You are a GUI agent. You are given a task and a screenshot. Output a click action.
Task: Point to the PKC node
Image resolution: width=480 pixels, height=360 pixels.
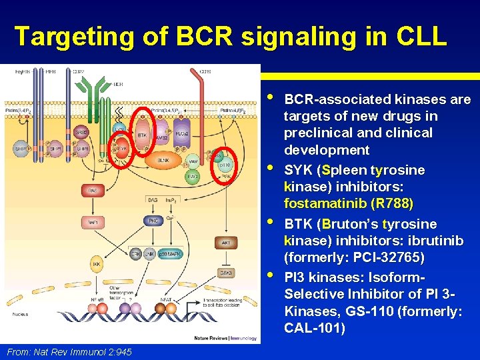pyautogui.click(x=153, y=221)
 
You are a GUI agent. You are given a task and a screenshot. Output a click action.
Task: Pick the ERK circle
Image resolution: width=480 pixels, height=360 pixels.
pyautogui.click(x=137, y=254)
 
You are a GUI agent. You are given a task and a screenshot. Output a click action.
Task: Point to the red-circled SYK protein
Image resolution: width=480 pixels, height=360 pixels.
pyautogui.click(x=122, y=149)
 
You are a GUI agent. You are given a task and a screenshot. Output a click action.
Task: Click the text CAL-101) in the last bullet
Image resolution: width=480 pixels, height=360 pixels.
pyautogui.click(x=315, y=328)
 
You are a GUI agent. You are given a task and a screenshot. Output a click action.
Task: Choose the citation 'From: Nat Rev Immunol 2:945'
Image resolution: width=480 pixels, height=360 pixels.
pyautogui.click(x=69, y=351)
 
